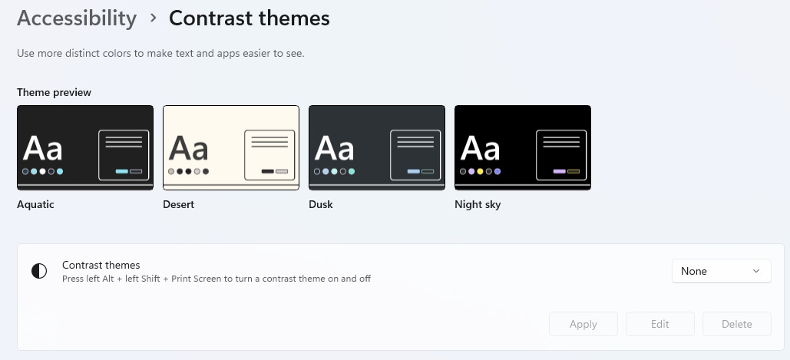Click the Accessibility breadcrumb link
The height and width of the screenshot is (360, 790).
pos(77,18)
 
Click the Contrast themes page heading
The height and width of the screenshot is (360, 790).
pos(250,18)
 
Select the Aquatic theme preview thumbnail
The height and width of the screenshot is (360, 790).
pos(85,147)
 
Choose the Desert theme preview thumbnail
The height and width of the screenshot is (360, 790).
pos(231,147)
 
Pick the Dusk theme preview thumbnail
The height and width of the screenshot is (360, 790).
pos(377,147)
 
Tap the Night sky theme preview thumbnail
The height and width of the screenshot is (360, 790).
pos(523,147)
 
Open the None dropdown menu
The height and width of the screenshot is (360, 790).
pos(721,271)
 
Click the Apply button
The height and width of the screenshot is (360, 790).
pos(583,324)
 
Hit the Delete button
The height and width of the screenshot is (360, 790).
pos(736,324)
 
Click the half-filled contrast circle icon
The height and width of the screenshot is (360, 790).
pos(39,271)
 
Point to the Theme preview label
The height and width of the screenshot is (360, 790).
pos(54,92)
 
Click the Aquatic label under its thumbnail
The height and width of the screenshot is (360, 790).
pos(35,204)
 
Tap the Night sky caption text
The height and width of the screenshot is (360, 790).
pos(478,204)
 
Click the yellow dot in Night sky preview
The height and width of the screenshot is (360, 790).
pos(480,172)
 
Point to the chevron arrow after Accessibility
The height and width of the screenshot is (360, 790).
pos(154,18)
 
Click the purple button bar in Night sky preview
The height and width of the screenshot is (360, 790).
pos(559,172)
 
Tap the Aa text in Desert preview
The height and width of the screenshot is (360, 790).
pos(188,149)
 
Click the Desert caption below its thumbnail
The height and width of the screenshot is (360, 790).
pos(178,204)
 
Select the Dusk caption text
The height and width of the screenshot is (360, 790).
pos(321,204)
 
